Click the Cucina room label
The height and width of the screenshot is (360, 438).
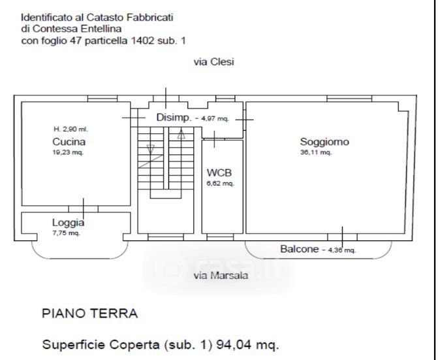coord(69,141)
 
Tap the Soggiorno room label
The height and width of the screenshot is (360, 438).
coord(324,141)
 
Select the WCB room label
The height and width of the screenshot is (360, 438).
coord(219,173)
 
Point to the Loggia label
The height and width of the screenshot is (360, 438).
coord(68,222)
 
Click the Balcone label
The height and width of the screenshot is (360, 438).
coord(300,249)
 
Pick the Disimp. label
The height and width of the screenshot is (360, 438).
coord(174,118)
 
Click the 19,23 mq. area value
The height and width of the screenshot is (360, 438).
coord(68,152)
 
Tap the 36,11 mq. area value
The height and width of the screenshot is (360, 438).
coord(316,152)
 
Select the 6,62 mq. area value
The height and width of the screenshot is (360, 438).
coord(220,184)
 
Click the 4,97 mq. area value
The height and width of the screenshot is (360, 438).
coord(214,119)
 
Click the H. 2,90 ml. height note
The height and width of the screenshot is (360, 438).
coord(70,129)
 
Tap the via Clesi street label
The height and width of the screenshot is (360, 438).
coord(213,62)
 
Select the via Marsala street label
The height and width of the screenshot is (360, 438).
coord(221,276)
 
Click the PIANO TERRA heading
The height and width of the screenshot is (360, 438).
coord(89,314)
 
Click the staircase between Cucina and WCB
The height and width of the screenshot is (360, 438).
coord(166,163)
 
